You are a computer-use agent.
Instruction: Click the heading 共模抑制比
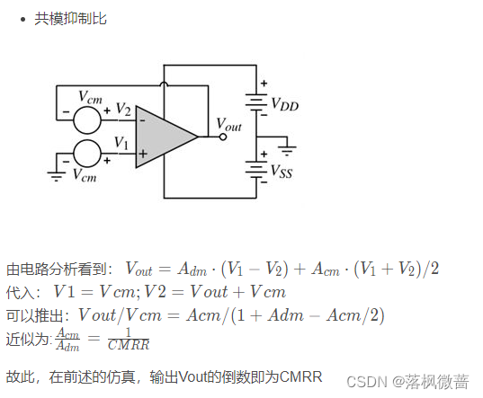tap(70, 18)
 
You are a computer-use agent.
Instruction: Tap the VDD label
tap(284, 104)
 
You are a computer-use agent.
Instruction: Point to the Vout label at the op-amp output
tap(229, 125)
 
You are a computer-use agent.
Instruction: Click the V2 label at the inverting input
tap(123, 110)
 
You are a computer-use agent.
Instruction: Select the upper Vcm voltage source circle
tap(87, 118)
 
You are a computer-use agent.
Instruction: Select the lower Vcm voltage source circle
tap(87, 154)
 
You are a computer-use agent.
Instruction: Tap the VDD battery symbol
tap(256, 104)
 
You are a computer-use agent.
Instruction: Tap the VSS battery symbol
tap(256, 170)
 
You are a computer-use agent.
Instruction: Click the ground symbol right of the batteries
tap(288, 146)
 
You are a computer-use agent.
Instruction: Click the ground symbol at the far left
tap(56, 175)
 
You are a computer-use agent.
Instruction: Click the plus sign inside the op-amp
tap(141, 154)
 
